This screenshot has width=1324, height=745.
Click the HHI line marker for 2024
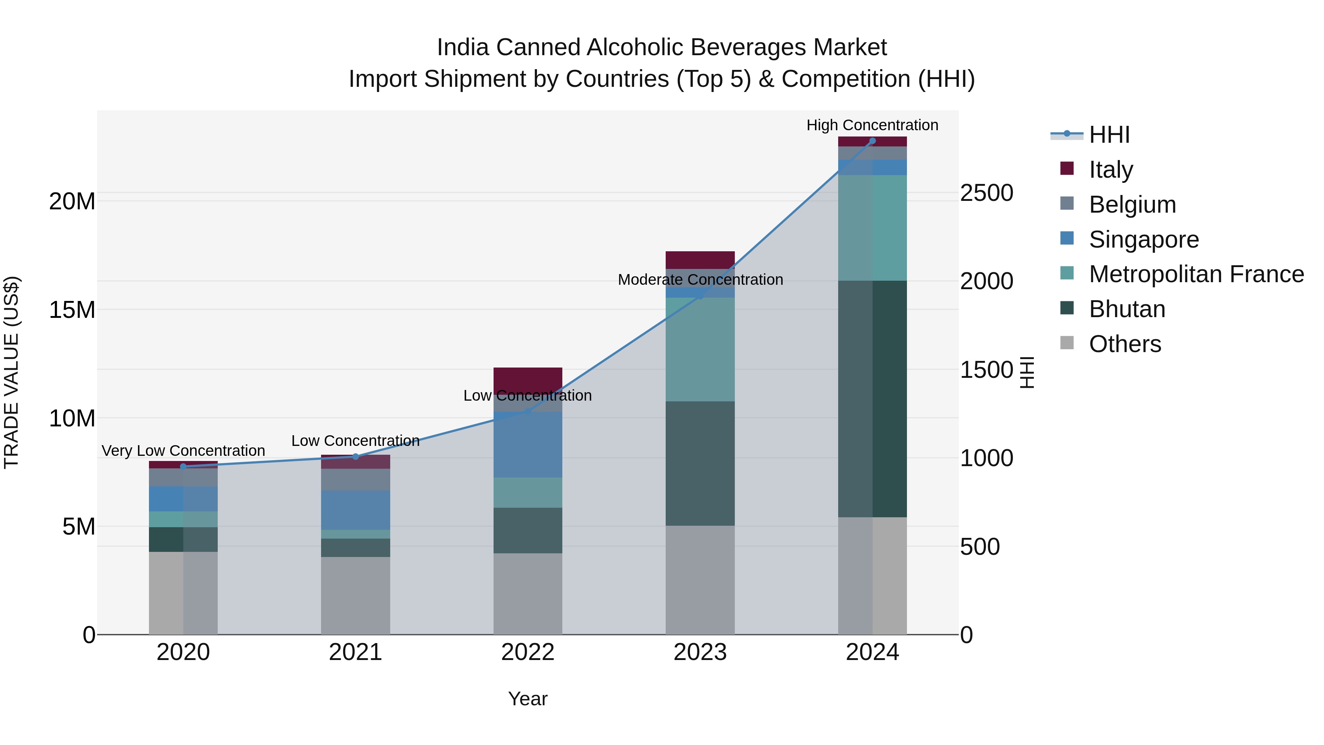[x=872, y=141]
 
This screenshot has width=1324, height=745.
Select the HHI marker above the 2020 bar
[x=184, y=466]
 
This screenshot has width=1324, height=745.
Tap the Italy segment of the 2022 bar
[x=528, y=379]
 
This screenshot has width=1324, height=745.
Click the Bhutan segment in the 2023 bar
[x=700, y=463]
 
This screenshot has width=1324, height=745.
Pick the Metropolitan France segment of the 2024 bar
[x=872, y=228]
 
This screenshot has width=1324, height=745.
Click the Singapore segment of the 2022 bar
[x=528, y=445]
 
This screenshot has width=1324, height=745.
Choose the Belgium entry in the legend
[x=1132, y=205]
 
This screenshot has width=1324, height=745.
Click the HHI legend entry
[x=1109, y=135]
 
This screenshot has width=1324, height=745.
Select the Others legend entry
[x=1125, y=344]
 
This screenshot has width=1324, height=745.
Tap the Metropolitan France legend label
[x=1196, y=274]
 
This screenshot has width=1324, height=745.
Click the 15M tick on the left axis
[x=72, y=310]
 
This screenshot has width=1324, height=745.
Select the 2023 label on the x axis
[x=700, y=652]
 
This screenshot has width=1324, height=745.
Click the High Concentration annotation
[x=872, y=125]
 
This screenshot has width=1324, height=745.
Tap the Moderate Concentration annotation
[x=700, y=280]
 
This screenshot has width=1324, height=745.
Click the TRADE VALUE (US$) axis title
[x=11, y=372]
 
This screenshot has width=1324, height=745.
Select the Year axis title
[x=528, y=699]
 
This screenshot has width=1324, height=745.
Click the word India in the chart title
[x=462, y=47]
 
